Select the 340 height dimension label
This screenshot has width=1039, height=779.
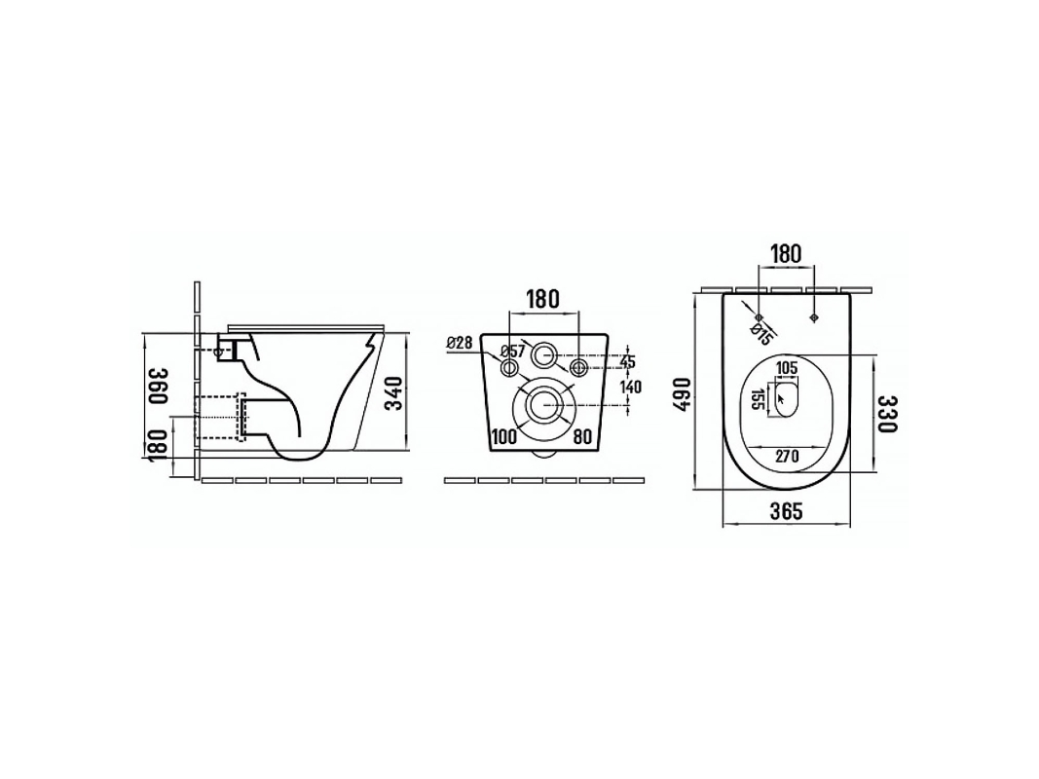click(393, 393)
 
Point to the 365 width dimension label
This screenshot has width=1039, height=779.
click(787, 510)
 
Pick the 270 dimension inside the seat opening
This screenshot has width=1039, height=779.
click(786, 457)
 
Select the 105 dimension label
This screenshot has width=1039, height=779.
click(787, 368)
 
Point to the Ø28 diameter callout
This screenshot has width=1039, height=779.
click(460, 343)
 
